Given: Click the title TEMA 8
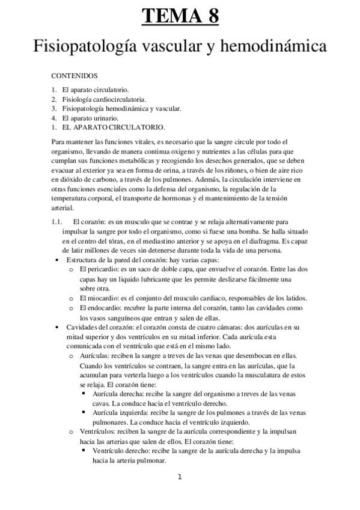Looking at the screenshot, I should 180,16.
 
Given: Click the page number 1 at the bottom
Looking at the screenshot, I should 179,478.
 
